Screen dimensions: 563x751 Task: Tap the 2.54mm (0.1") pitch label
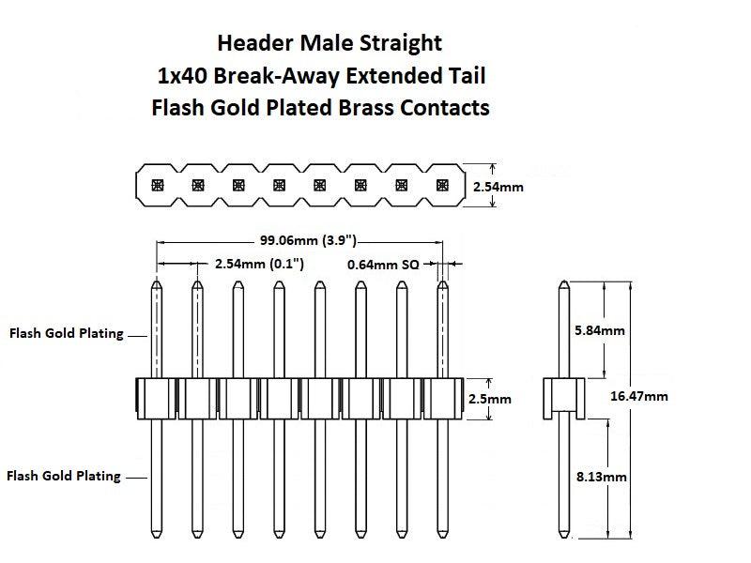tap(259, 265)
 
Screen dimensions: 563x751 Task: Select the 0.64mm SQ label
tap(383, 265)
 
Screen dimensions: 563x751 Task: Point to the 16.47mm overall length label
tap(639, 396)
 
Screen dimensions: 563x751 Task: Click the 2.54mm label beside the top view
tap(498, 187)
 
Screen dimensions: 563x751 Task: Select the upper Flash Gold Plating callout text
tap(67, 334)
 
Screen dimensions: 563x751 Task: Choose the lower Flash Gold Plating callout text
tap(64, 476)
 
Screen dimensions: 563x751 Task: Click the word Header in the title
tap(252, 43)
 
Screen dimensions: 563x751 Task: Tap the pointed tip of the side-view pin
tap(563, 283)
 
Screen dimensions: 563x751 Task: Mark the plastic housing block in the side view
tap(563, 398)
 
